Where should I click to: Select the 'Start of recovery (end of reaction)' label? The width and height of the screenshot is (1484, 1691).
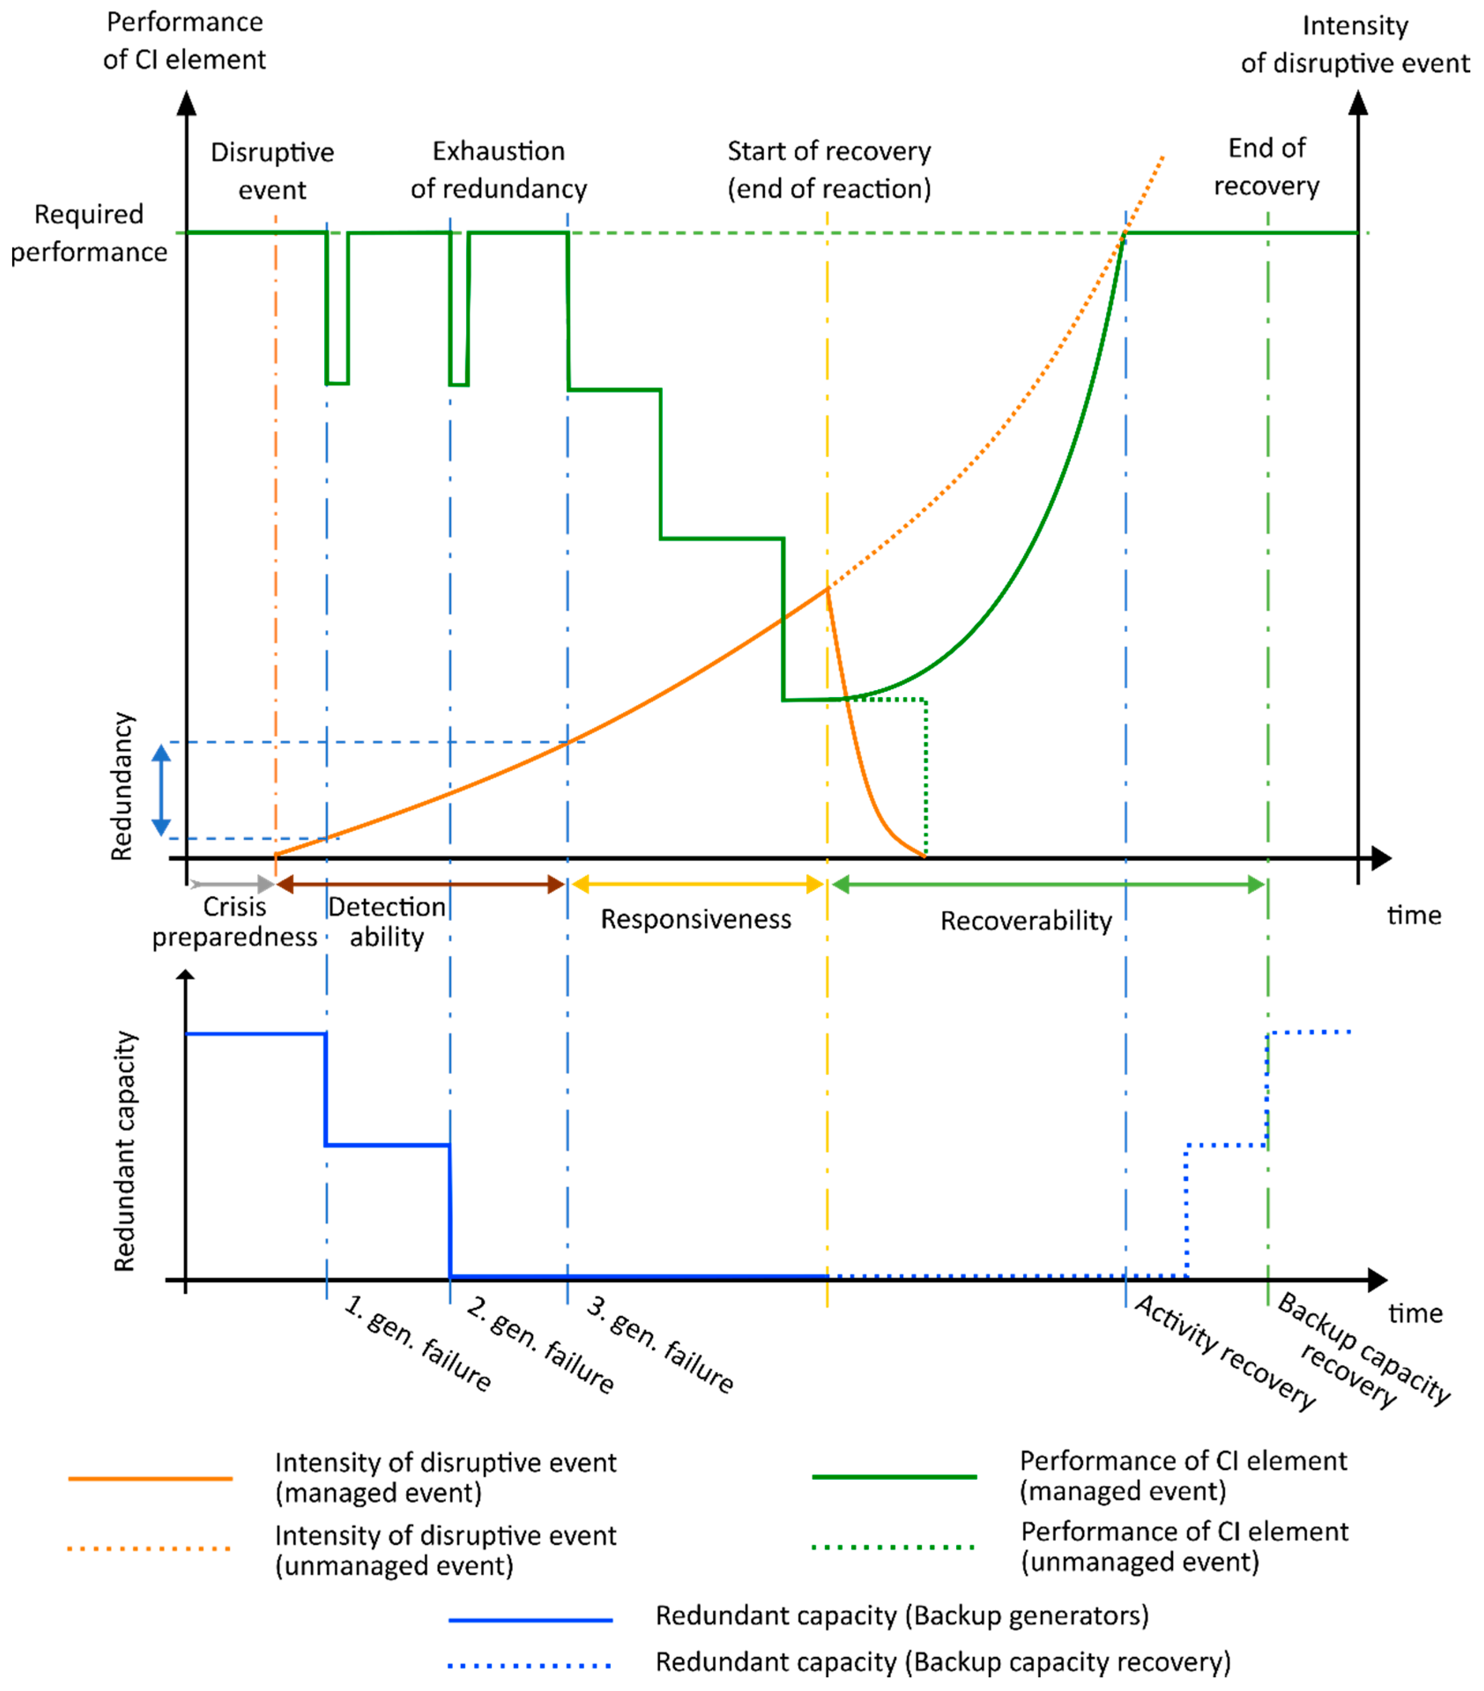coord(828,170)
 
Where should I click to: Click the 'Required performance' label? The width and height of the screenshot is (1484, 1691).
coord(89,233)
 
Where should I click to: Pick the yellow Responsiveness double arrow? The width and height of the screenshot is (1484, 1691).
coord(697,884)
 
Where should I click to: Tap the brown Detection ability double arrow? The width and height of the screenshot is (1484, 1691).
coord(420,884)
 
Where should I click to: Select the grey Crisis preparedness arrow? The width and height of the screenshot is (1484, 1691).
coord(232,884)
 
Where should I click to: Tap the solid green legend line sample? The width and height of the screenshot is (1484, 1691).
coord(894,1477)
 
